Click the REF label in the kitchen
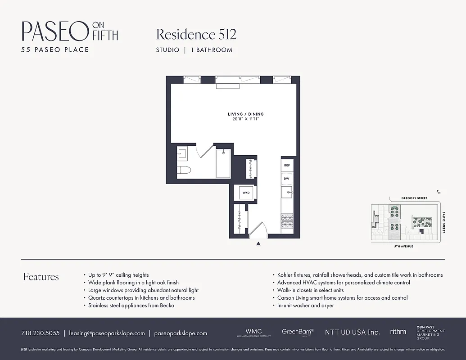coord(287,165)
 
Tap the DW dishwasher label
coord(286,179)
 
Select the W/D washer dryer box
coord(246,193)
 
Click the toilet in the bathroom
coord(184,170)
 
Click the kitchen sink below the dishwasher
coord(287,193)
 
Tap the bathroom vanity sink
coord(181,153)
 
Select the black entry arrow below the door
coord(258,244)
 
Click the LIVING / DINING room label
coord(245,114)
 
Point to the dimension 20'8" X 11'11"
coord(245,119)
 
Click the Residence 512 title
coord(196,34)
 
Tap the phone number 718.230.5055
coord(40,333)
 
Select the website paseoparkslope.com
coord(181,333)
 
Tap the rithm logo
coord(398,332)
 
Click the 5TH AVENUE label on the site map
coord(404,247)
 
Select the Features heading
coord(41,277)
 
